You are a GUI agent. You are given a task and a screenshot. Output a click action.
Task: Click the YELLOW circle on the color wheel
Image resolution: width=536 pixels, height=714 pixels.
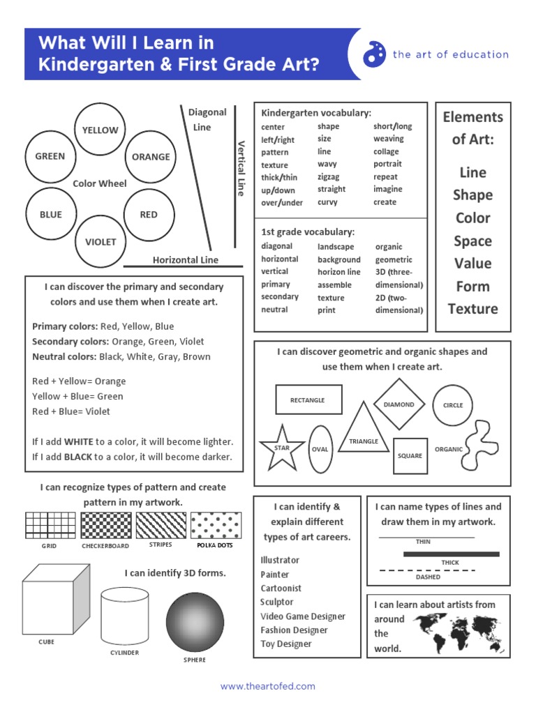(100, 130)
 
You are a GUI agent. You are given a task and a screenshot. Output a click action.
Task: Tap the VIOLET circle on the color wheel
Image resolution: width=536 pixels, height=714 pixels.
(100, 242)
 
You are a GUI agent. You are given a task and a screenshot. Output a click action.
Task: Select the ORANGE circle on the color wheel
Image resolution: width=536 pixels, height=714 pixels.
(151, 157)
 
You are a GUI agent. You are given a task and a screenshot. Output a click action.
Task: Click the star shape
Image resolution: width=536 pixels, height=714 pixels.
(281, 447)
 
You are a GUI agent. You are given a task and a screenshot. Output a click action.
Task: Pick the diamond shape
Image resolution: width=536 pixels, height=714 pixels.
(399, 404)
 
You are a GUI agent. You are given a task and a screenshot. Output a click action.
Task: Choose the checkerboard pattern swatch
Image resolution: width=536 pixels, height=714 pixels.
(106, 525)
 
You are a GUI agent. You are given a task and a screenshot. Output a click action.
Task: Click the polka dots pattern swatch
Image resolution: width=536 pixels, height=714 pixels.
(215, 525)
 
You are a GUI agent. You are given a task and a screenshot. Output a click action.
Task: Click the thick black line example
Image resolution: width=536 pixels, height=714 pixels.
(451, 554)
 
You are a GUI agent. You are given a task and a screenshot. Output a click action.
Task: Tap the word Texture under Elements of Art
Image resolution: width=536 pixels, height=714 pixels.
(472, 309)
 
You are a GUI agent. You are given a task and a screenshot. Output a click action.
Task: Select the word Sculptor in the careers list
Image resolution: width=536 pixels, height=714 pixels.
(277, 602)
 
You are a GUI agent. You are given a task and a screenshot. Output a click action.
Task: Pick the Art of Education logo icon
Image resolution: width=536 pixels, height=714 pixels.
(374, 54)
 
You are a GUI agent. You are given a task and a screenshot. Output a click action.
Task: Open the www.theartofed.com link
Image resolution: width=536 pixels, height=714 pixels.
(268, 687)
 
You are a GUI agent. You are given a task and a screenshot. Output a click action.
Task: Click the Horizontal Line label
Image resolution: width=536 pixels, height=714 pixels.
(185, 260)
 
